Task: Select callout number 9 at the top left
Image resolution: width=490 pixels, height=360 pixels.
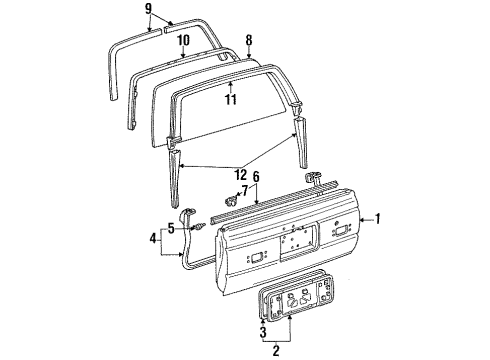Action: tap(149, 9)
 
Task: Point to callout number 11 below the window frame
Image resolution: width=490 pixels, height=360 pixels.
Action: tap(230, 100)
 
